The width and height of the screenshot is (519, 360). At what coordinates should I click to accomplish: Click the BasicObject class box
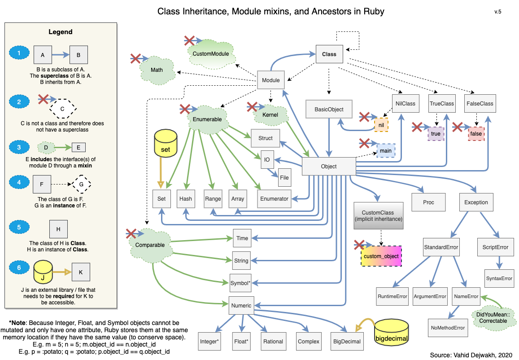329,109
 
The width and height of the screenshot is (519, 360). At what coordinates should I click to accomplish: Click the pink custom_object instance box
381,256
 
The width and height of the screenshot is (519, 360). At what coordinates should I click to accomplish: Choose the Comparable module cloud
150,245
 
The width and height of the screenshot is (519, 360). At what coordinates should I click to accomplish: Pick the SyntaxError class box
499,278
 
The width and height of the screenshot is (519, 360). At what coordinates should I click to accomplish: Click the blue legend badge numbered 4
19,182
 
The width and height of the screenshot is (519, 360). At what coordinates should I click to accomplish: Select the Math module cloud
157,70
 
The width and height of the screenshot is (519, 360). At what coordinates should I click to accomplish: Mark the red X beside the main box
364,144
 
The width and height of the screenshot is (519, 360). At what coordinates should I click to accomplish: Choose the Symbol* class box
240,283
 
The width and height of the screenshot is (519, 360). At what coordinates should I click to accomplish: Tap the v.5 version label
498,12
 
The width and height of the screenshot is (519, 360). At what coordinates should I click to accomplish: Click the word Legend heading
60,32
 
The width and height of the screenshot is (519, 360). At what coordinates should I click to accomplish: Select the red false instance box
475,134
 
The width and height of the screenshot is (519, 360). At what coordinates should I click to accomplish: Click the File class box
284,177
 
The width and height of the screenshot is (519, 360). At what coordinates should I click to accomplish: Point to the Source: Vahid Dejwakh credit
470,355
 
